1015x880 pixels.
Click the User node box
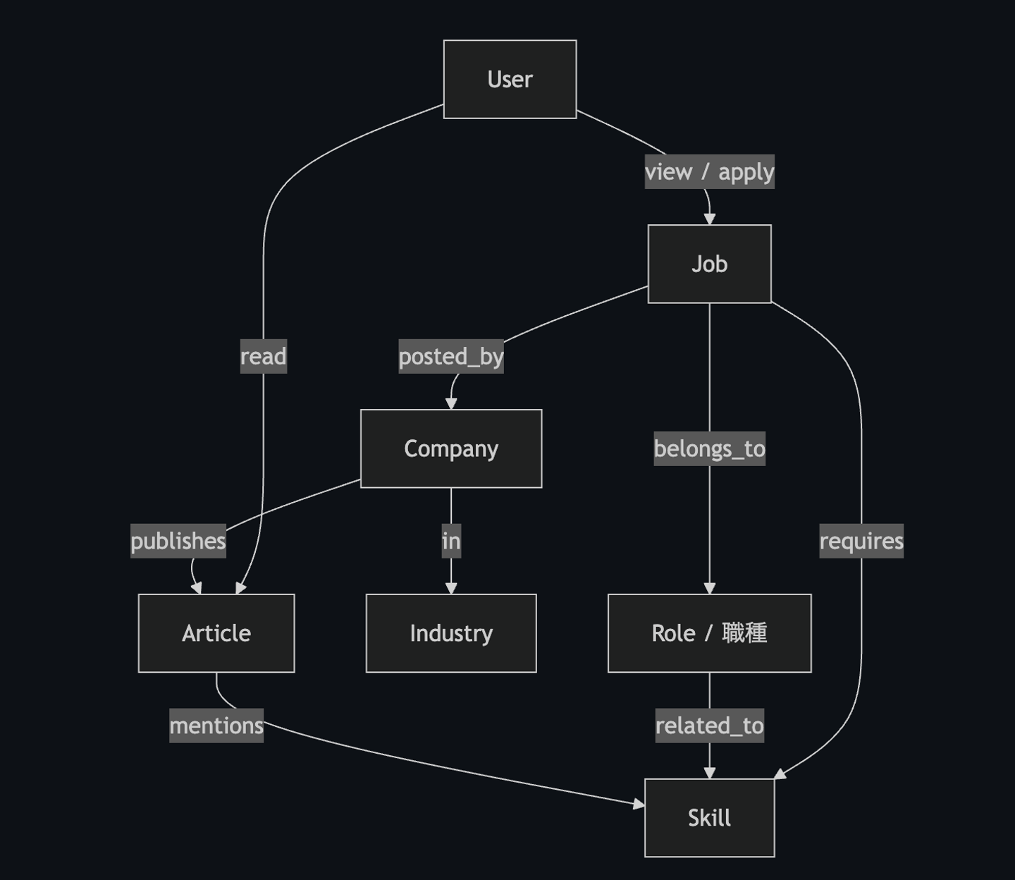click(510, 79)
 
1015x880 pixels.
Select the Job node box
click(709, 264)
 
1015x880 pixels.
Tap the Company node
click(451, 448)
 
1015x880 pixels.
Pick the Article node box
click(216, 633)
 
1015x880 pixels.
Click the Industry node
click(451, 633)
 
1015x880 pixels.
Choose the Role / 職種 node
click(709, 633)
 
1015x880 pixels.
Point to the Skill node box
click(709, 818)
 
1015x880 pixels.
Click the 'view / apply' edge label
click(709, 171)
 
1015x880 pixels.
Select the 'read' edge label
click(263, 356)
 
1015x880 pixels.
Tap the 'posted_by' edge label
click(451, 356)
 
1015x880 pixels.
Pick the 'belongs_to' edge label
click(709, 448)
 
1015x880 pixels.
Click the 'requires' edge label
click(861, 541)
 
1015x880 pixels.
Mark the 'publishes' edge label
click(178, 541)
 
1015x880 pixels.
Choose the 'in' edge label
click(451, 541)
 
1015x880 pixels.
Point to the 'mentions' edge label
click(216, 726)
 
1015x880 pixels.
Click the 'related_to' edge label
click(709, 726)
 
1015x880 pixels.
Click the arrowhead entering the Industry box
click(451, 589)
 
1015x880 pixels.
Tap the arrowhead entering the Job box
click(709, 219)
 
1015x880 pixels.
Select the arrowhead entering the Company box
click(451, 404)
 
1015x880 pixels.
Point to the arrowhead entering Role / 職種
click(709, 589)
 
